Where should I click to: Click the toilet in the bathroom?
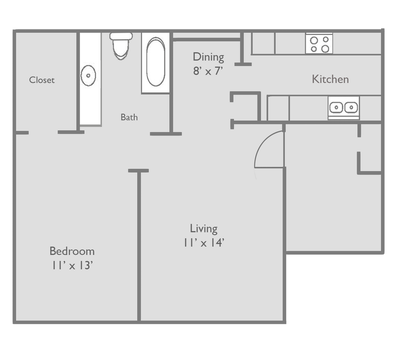[x=121, y=45]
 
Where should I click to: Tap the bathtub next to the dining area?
[x=155, y=63]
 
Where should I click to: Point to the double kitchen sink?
[x=343, y=107]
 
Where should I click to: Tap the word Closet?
[x=42, y=80]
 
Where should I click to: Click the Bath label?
[x=129, y=117]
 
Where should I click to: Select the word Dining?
[x=208, y=57]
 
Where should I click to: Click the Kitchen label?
[x=330, y=79]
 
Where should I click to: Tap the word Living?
[x=204, y=229]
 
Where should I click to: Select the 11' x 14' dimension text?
[x=204, y=243]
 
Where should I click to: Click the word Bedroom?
[x=72, y=251]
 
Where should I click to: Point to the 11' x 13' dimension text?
[x=72, y=265]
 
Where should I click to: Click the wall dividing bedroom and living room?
[x=139, y=247]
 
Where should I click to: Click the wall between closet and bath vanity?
[x=78, y=81]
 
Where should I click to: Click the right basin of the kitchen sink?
[x=350, y=107]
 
